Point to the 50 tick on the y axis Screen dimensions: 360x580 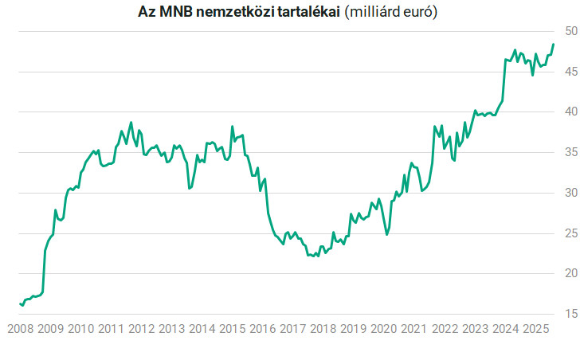(x=567, y=31)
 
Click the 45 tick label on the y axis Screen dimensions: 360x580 (x=567, y=72)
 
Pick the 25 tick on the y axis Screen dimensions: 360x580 (x=567, y=233)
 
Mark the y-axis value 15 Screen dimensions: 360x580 (x=567, y=314)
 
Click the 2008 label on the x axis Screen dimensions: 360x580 (x=20, y=328)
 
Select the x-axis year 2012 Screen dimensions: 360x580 (x=141, y=328)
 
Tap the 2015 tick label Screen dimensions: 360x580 (x=232, y=328)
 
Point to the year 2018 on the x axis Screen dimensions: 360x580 (x=323, y=328)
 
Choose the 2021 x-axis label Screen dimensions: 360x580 (x=413, y=328)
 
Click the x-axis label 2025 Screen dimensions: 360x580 (x=535, y=328)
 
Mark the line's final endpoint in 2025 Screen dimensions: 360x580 (x=553, y=45)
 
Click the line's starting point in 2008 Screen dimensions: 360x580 (x=20, y=303)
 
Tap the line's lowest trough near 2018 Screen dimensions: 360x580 (x=317, y=256)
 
